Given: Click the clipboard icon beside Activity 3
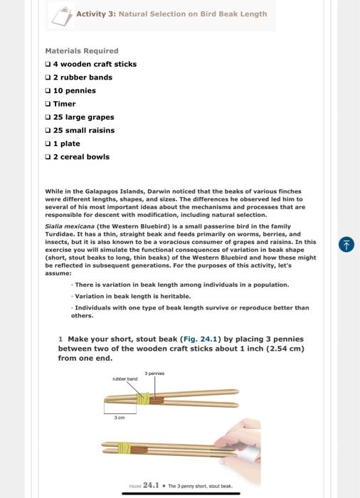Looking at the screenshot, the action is (61, 13).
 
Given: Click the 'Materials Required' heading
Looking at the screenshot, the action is (81, 51).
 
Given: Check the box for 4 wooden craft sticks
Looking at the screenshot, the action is (48, 64).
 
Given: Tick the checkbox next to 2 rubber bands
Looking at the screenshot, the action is (48, 78).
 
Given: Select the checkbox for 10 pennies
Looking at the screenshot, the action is (48, 91).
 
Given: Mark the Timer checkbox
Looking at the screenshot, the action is (48, 104).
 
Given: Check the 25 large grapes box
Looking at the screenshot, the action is (48, 117).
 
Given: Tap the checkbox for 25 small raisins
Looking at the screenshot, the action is (48, 131).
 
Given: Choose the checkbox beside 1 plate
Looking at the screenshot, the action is (48, 144).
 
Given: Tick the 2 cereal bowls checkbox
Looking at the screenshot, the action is (48, 157).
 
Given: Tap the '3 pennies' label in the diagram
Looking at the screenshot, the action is (154, 372).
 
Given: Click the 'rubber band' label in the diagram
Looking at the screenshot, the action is (125, 378).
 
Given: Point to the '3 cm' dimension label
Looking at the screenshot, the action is (120, 418).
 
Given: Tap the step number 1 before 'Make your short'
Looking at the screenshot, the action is (61, 339).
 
